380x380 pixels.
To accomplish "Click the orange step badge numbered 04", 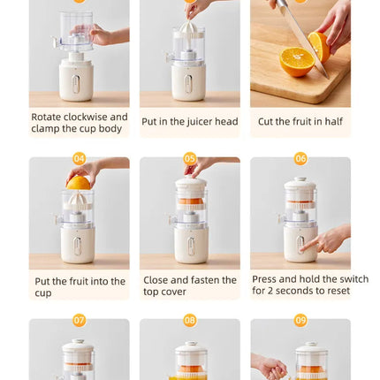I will [80, 159].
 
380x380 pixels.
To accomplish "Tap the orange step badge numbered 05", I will [190, 159].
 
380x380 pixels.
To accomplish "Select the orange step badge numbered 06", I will [300, 159].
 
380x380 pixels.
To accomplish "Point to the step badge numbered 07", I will [80, 320].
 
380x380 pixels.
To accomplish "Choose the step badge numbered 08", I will [190, 320].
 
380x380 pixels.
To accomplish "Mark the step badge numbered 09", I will [300, 320].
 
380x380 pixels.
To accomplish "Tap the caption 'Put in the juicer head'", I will [189, 122].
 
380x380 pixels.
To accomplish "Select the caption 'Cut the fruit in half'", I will [300, 122].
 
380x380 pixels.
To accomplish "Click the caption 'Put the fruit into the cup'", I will [80, 286].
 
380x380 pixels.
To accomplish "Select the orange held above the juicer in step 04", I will [79, 183].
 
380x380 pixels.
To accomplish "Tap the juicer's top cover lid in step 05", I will [190, 186].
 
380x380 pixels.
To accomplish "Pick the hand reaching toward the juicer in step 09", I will [270, 367].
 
